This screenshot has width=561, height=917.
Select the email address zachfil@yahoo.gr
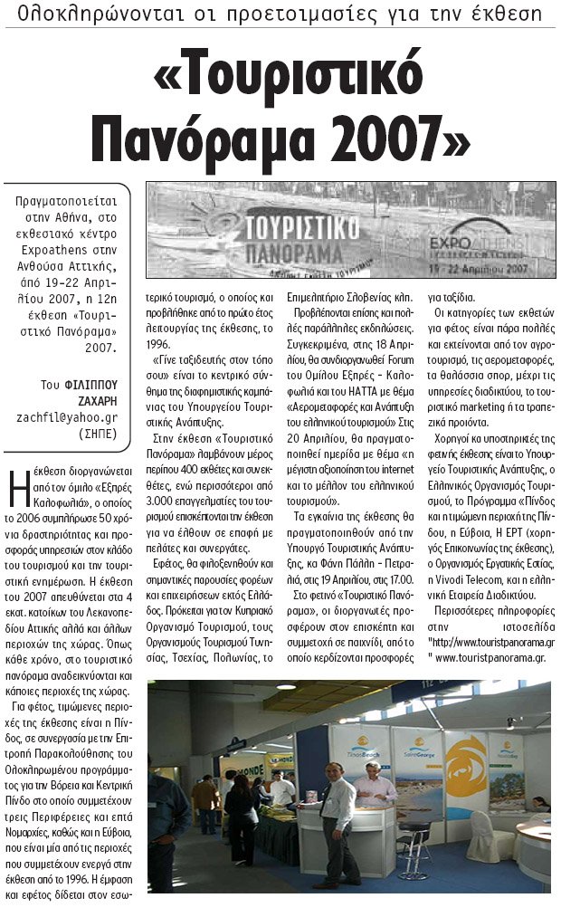[x=67, y=417]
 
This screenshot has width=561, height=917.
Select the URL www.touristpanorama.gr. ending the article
[x=494, y=657]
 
